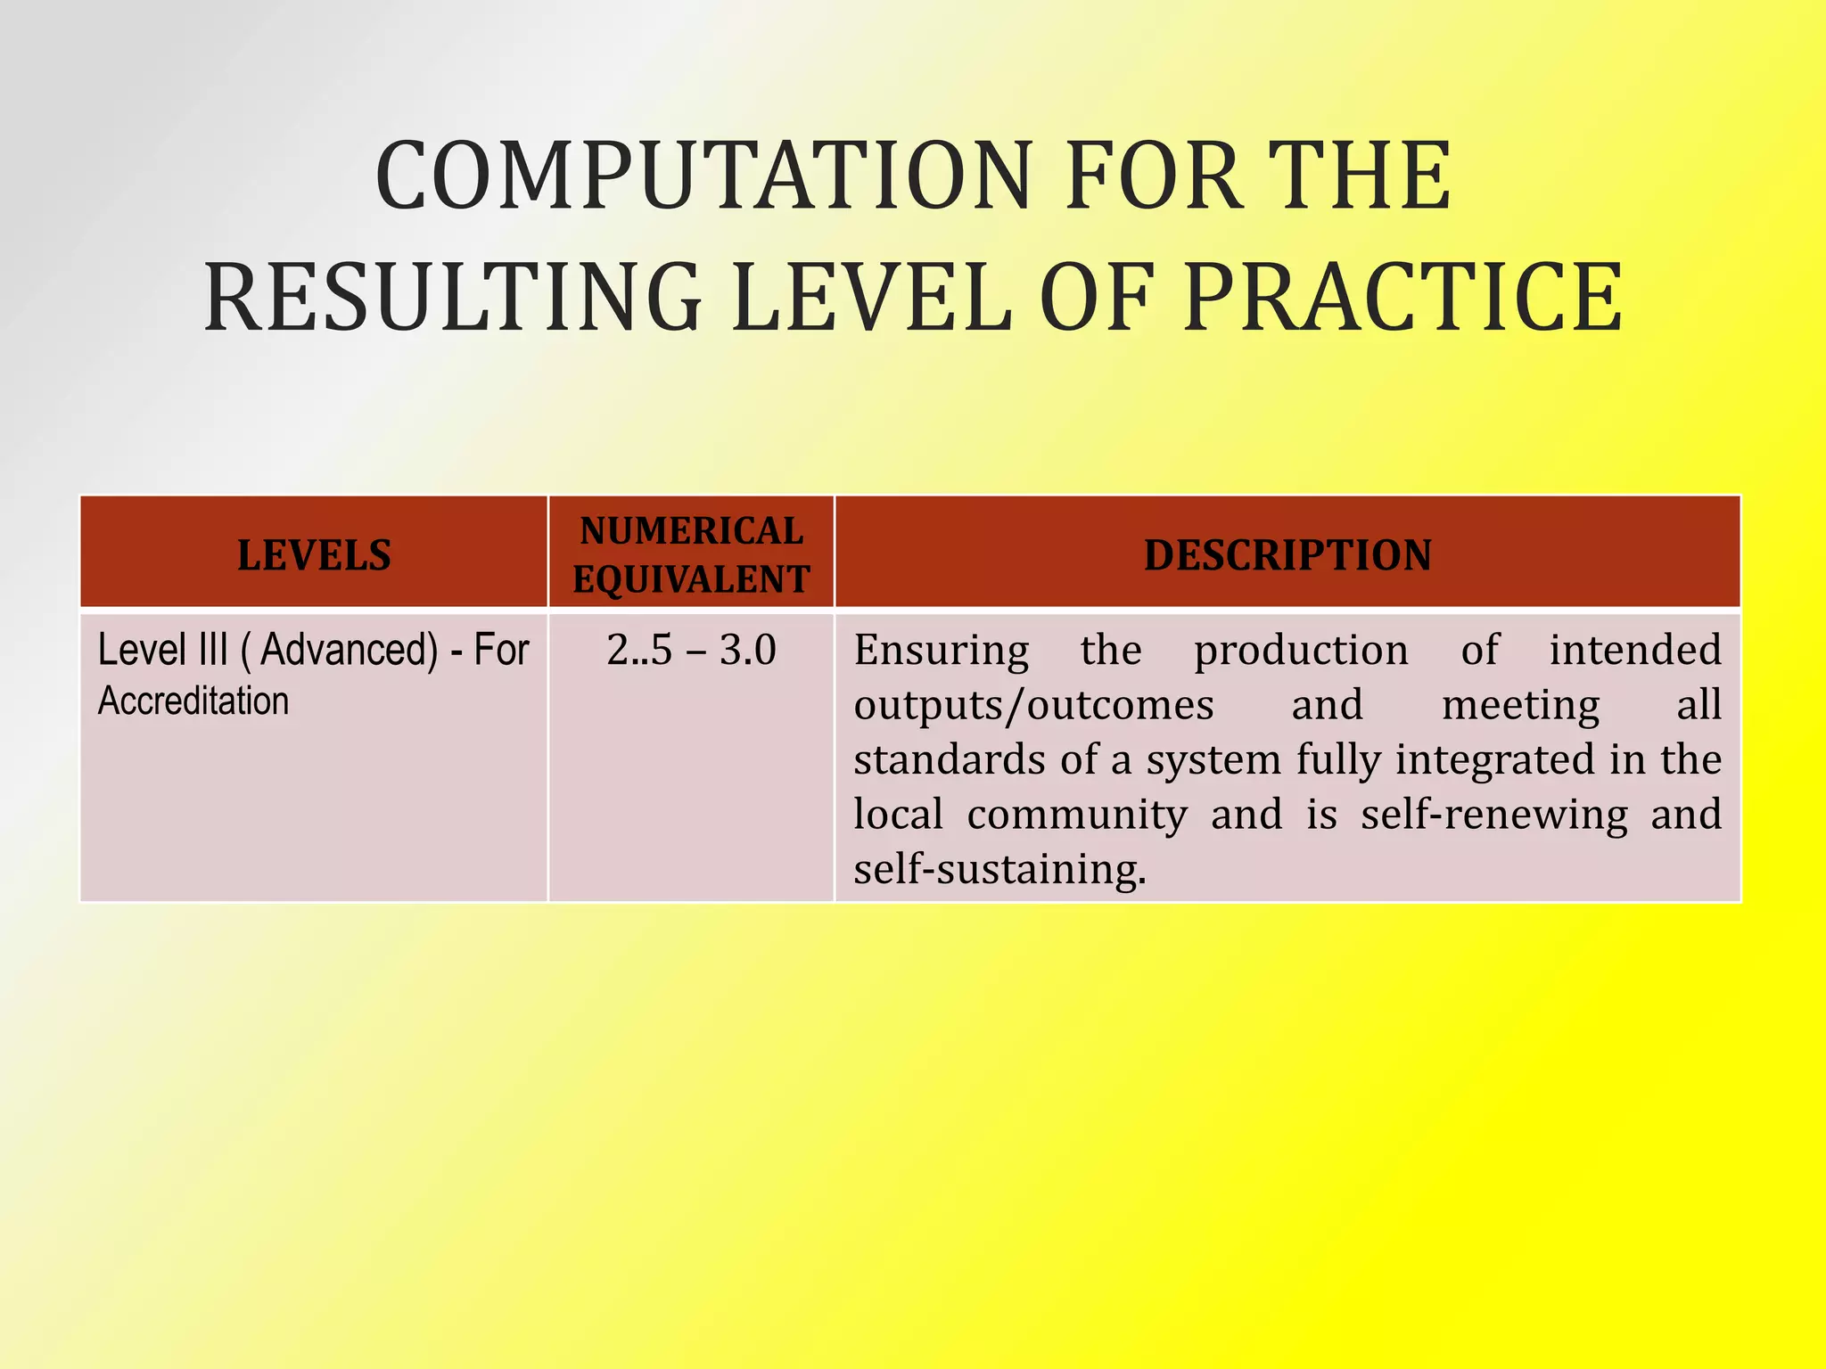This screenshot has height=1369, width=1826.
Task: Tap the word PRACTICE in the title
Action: coord(1402,298)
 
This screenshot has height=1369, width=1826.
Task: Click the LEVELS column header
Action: coord(314,555)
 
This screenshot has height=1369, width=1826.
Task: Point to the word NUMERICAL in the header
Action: coord(691,531)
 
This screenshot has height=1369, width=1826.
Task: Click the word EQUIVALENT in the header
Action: coord(691,579)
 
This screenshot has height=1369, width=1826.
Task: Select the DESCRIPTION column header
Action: coord(1287,555)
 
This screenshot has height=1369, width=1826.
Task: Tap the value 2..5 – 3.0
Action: coord(691,650)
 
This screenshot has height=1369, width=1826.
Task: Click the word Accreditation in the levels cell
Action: coord(193,701)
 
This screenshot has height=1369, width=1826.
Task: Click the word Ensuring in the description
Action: coord(942,650)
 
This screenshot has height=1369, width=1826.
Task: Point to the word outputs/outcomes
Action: coord(1033,705)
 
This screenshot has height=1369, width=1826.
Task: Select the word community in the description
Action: coord(1077,814)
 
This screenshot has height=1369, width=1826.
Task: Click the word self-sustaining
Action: coord(999,869)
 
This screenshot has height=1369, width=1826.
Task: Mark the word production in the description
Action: coord(1301,650)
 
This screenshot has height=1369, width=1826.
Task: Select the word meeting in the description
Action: coord(1520,705)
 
